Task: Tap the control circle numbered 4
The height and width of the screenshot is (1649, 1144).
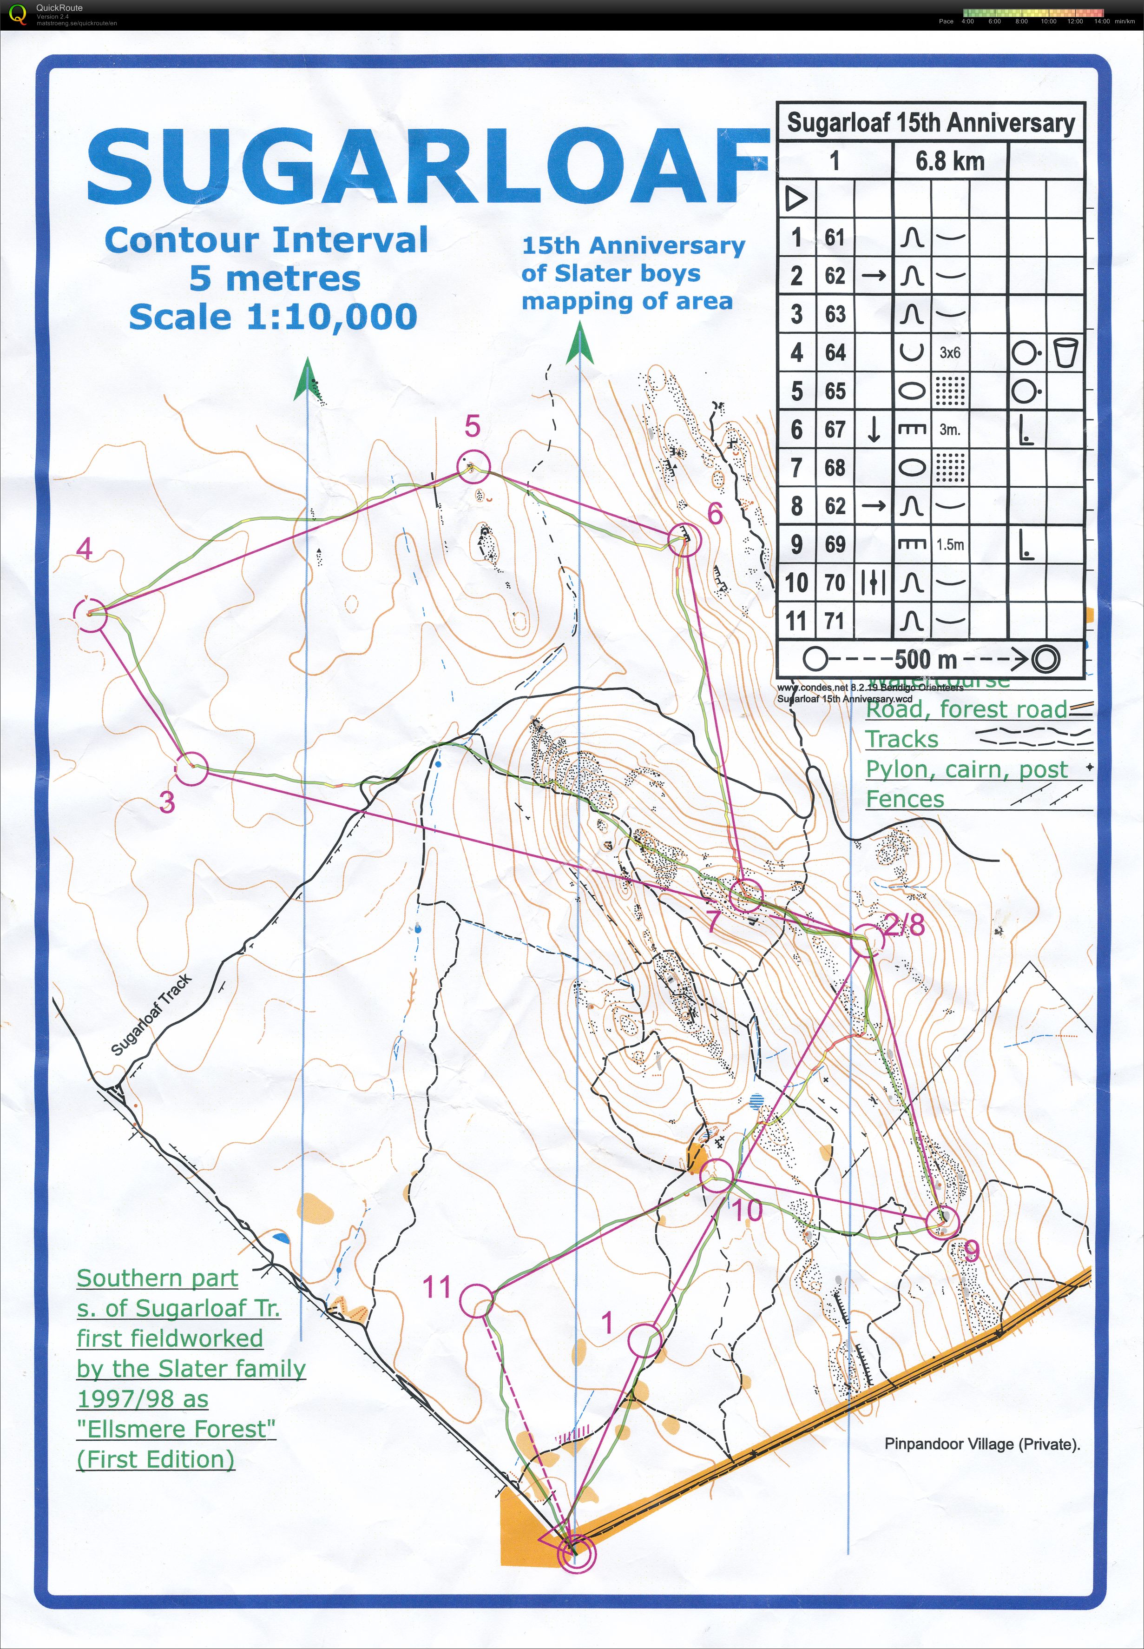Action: point(90,615)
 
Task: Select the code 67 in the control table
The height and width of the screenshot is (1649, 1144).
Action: point(835,430)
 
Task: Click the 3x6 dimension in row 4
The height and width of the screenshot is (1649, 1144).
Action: point(950,353)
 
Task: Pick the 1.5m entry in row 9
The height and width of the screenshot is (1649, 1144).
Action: point(950,545)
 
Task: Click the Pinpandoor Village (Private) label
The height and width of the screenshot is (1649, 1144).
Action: point(982,1444)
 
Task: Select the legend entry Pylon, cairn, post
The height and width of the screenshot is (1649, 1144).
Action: point(966,769)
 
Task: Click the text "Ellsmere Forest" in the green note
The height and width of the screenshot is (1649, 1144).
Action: point(176,1429)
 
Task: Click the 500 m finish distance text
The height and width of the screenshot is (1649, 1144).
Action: point(926,659)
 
